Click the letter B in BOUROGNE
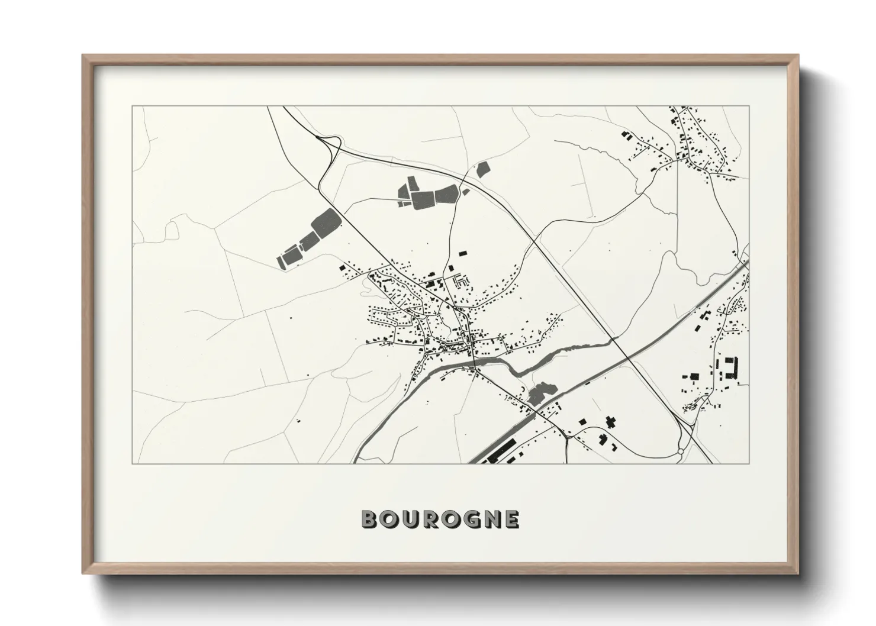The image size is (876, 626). coord(369,519)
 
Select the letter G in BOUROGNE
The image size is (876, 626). coord(469,519)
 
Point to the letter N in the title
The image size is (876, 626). coord(491,519)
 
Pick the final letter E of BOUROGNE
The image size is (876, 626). coord(511,519)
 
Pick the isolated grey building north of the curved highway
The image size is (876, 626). coord(483,169)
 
